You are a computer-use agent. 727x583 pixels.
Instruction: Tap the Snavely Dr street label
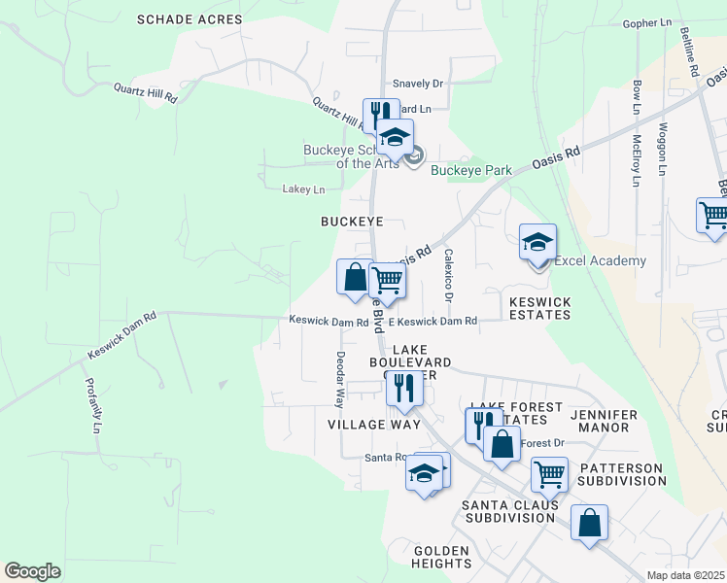[x=417, y=85]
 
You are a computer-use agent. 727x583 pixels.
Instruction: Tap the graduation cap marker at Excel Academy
[x=537, y=245]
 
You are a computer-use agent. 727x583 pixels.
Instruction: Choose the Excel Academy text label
[x=600, y=260]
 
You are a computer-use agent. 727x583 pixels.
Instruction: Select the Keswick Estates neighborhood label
[x=539, y=308]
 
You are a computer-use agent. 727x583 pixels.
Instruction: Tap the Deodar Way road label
[x=340, y=378]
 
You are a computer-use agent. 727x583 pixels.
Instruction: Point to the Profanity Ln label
[x=94, y=405]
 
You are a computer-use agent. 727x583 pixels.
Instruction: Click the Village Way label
[x=374, y=425]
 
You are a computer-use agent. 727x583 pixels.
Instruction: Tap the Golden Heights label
[x=442, y=557]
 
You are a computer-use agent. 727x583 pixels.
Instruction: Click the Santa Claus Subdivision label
[x=510, y=511]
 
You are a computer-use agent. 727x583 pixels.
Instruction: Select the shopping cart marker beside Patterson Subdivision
[x=549, y=476]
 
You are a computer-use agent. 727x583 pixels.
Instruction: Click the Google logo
[x=32, y=571]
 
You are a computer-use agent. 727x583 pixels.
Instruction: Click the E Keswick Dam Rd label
[x=433, y=321]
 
